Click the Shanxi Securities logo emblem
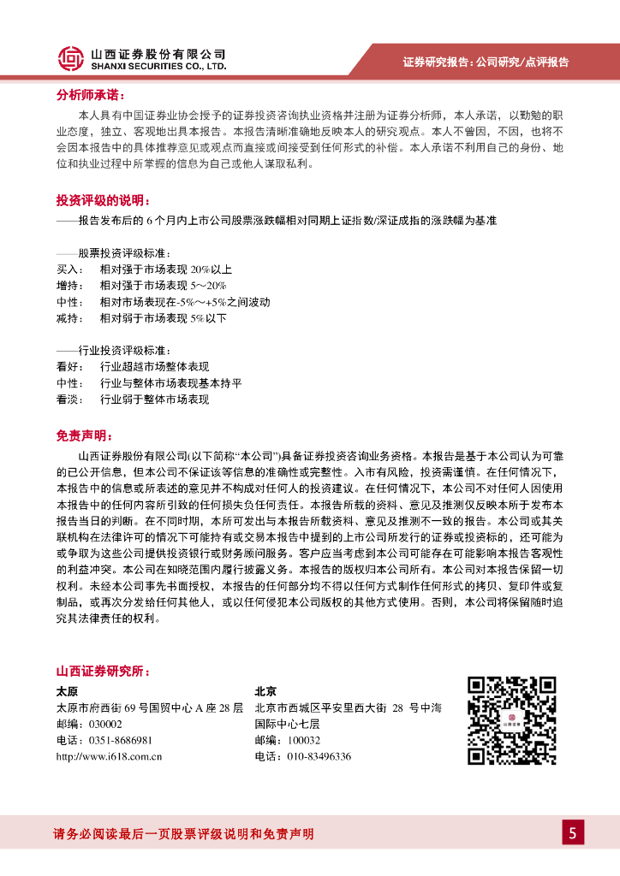pos(71,58)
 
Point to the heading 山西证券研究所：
pos(102,670)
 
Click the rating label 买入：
pos(69,269)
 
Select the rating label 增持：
pos(69,286)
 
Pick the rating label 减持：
pos(69,318)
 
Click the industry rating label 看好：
pos(69,367)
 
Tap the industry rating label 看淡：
pos(69,400)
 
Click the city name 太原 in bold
pos(67,691)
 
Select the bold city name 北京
pos(265,691)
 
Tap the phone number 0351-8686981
pos(115,740)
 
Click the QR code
pos(511,719)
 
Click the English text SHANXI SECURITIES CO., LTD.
pos(158,65)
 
